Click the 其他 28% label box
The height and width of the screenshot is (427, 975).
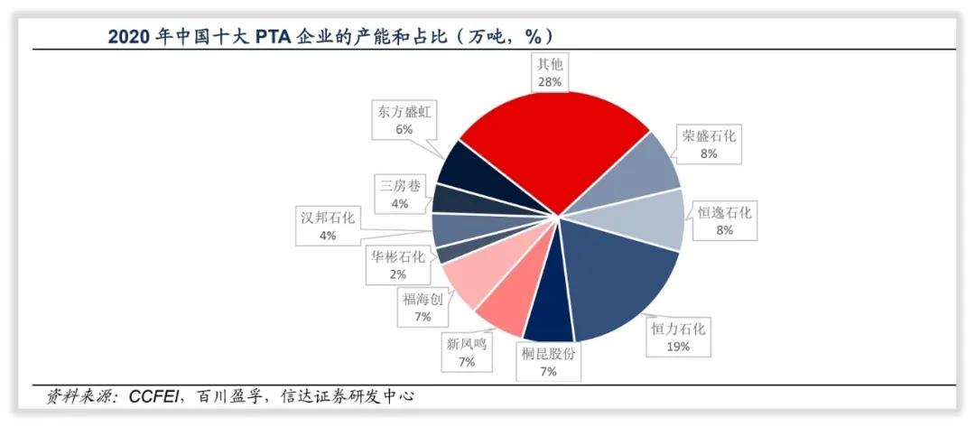550,73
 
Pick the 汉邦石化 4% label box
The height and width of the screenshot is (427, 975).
328,226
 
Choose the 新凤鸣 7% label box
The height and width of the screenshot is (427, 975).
466,352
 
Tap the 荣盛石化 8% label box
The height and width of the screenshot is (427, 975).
709,144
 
